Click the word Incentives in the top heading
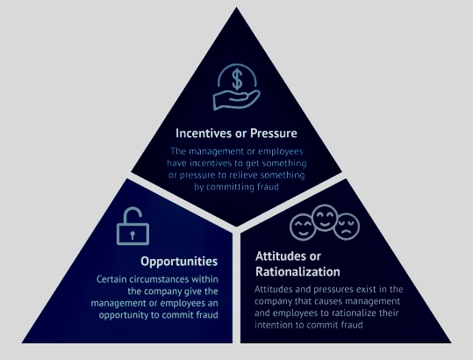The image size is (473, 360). tap(205, 133)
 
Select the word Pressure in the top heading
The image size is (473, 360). tap(274, 133)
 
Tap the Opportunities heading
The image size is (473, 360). tap(179, 262)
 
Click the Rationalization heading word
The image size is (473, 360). tap(297, 271)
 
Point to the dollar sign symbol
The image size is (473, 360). tap(238, 79)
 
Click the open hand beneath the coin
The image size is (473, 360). tap(236, 99)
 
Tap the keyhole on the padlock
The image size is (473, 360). tap(133, 234)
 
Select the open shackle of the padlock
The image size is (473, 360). tap(133, 214)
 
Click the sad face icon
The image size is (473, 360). tap(347, 227)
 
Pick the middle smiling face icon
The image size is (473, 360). tap(325, 218)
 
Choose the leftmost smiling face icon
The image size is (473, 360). tap(303, 227)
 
